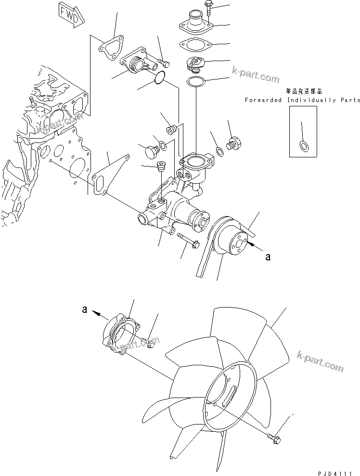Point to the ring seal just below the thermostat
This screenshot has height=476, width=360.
(x=195, y=81)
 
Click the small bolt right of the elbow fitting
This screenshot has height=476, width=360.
(x=165, y=61)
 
